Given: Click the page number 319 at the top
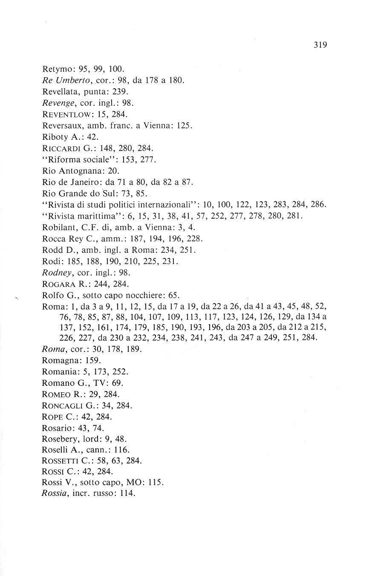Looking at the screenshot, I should [319, 45].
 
